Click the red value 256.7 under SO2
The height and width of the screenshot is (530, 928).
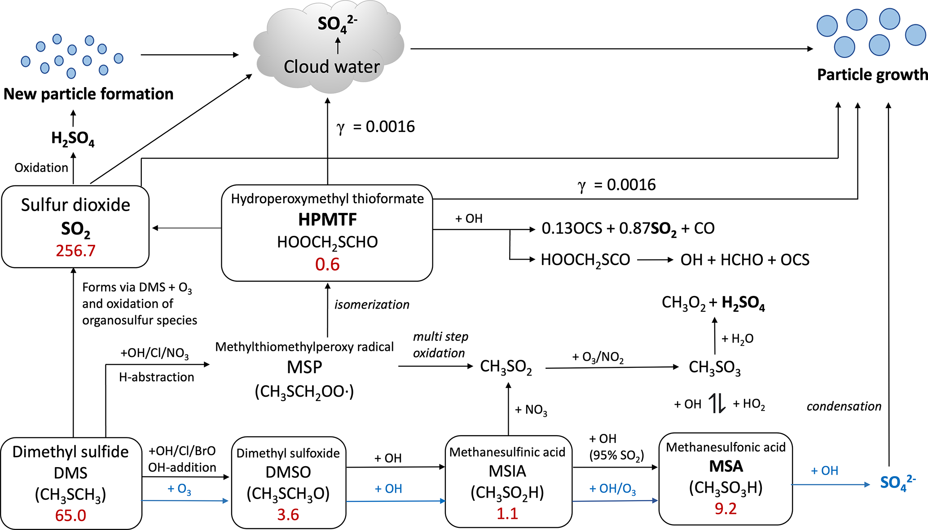click(75, 251)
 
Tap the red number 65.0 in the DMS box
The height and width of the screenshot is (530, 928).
click(70, 515)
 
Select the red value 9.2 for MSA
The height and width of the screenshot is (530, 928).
click(726, 508)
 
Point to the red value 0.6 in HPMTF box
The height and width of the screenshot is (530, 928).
click(327, 264)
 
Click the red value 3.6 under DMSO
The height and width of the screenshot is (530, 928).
click(288, 514)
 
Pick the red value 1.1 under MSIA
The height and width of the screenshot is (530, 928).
click(507, 513)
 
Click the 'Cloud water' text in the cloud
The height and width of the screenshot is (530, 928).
click(332, 66)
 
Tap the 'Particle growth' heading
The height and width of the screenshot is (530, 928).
click(872, 75)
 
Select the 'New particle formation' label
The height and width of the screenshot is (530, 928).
click(88, 94)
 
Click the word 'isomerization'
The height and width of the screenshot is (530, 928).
click(372, 305)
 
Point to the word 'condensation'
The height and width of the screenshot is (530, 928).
click(844, 406)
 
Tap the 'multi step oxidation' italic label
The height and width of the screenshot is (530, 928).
click(440, 345)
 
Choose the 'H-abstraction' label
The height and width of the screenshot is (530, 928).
click(156, 377)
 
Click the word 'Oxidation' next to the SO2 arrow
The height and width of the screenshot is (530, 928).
click(41, 168)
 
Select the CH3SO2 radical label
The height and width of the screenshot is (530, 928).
click(506, 367)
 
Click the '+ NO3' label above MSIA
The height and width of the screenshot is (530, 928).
click(531, 410)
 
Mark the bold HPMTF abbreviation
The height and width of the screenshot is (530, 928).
click(327, 220)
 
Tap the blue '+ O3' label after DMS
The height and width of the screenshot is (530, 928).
click(179, 489)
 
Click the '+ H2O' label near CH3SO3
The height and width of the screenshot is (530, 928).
click(737, 339)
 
